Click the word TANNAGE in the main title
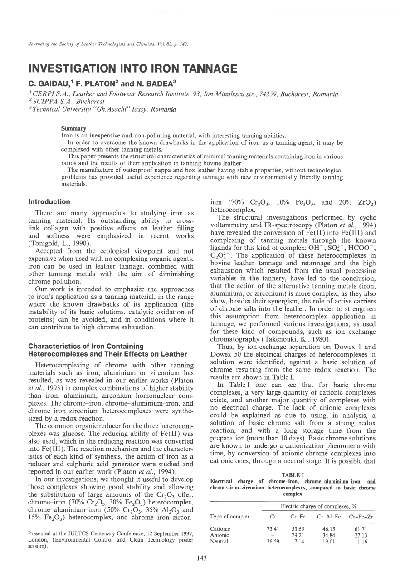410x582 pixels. click(207, 69)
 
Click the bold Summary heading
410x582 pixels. click(73, 129)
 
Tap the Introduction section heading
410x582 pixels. click(49, 202)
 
